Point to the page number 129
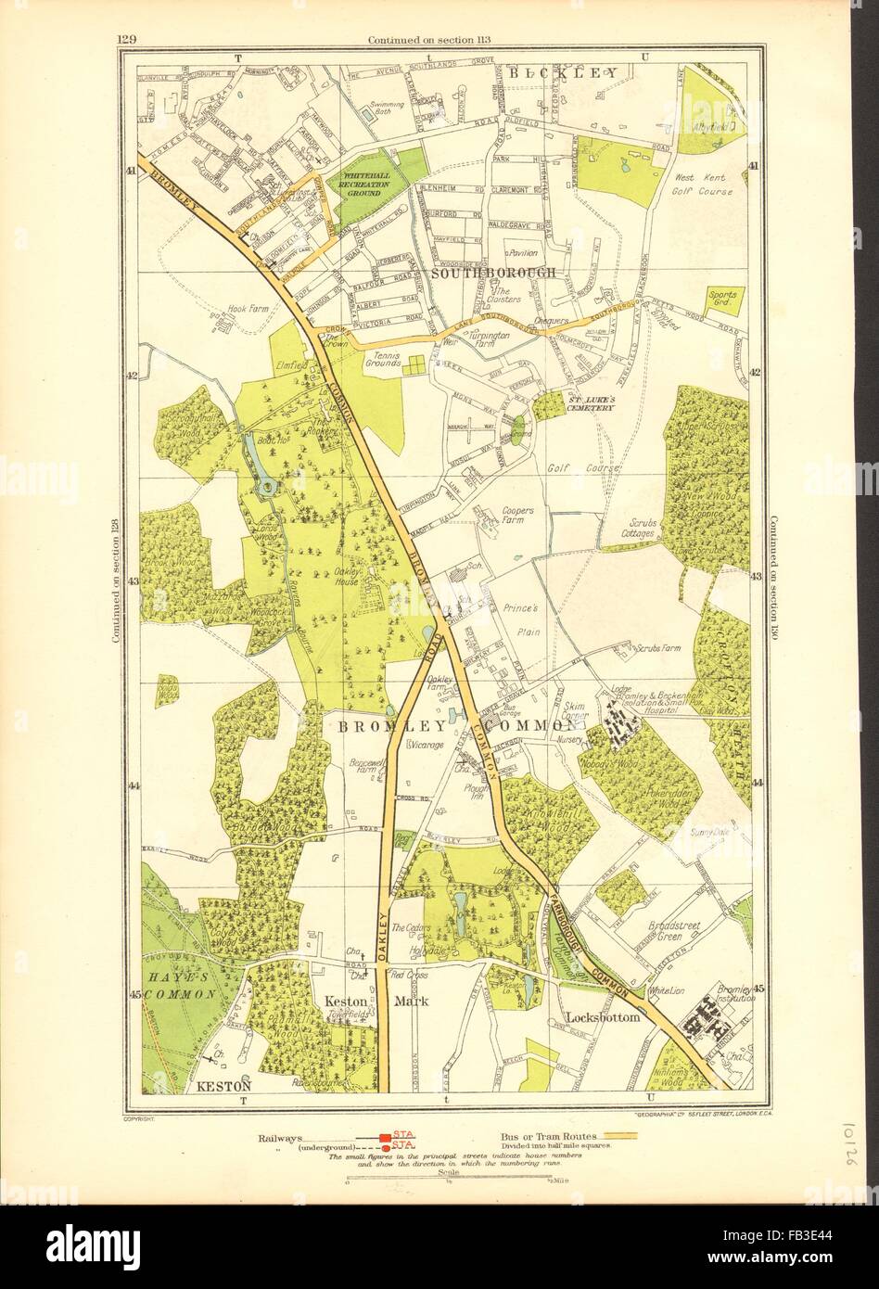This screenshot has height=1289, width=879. click(127, 38)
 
